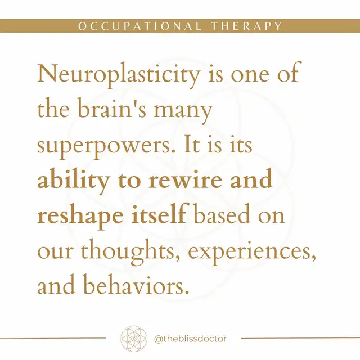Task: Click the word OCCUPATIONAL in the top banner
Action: click(x=139, y=26)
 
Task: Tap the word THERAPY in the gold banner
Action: click(x=246, y=26)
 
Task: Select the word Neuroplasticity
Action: click(x=119, y=75)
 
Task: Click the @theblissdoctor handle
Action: click(x=190, y=339)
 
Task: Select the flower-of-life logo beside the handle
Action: click(x=133, y=339)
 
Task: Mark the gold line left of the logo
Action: click(x=53, y=338)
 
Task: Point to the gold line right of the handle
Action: click(x=300, y=338)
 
